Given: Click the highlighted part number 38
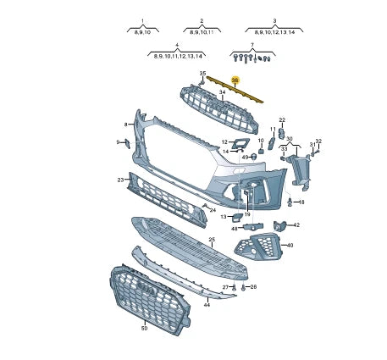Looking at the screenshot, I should (236, 80).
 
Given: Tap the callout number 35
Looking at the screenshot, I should (202, 75).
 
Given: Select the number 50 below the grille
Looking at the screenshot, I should (144, 328).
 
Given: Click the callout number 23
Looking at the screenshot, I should (121, 180).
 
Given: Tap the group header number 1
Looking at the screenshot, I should (142, 19).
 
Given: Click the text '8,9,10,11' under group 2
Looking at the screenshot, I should (202, 31).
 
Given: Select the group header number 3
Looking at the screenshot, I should (275, 19).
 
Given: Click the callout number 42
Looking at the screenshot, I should (296, 224).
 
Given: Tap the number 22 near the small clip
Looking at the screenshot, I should (282, 120).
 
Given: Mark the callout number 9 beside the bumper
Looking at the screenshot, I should (118, 141).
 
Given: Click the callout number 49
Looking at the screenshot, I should (245, 157).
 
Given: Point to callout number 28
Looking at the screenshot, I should (253, 287).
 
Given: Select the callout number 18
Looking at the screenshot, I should (301, 202).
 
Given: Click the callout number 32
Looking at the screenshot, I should (318, 141).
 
